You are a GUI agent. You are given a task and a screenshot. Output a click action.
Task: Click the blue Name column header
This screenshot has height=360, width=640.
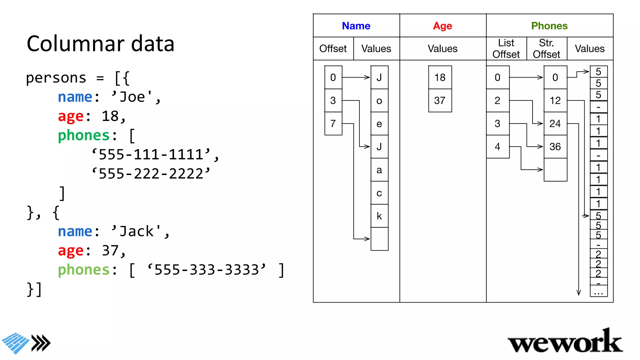click(x=356, y=26)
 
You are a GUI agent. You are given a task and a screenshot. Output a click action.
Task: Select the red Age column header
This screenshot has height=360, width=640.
click(x=442, y=26)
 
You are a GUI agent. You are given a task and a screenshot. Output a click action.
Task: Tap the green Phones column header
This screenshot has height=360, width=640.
click(x=549, y=26)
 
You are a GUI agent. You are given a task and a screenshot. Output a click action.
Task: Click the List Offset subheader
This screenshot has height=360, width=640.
click(x=506, y=49)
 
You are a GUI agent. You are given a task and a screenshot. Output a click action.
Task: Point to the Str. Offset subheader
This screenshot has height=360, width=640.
click(x=546, y=49)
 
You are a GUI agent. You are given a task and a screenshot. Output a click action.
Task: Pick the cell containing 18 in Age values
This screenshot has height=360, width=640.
click(x=440, y=77)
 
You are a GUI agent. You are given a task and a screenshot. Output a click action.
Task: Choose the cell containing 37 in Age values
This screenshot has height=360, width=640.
click(x=440, y=101)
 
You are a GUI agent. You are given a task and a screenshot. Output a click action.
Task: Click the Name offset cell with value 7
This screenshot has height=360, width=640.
click(x=333, y=124)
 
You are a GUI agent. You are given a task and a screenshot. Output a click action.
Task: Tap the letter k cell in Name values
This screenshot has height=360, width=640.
click(x=379, y=216)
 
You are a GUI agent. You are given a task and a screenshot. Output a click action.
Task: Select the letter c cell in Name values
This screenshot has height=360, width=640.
click(x=379, y=193)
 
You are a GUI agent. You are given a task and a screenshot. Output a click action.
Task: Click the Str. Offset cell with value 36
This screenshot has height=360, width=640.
click(x=555, y=147)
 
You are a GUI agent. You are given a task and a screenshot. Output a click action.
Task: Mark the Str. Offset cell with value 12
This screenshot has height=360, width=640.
click(x=555, y=101)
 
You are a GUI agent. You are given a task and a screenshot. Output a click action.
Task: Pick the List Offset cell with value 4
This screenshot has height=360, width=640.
click(x=497, y=147)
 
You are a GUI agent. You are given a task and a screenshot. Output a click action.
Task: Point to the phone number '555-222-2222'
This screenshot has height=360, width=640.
click(x=151, y=174)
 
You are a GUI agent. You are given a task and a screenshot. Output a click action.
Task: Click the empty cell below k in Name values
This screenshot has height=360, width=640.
click(x=379, y=239)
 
